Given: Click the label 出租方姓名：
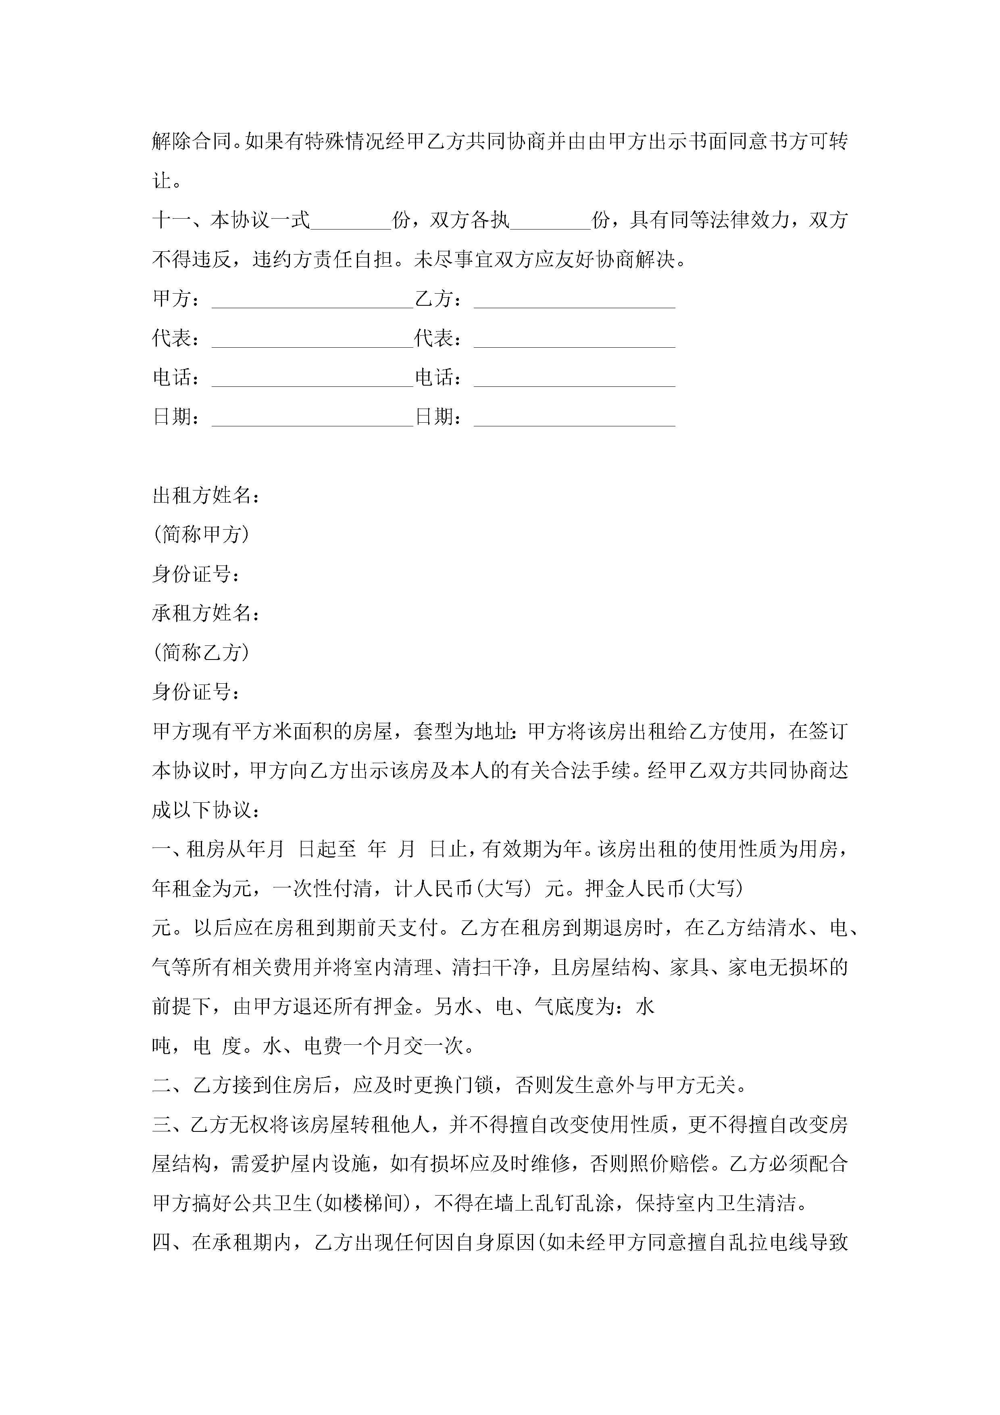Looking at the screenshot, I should pyautogui.click(x=206, y=495).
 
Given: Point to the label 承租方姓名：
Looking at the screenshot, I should pyautogui.click(x=206, y=613).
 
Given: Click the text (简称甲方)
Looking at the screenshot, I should pyautogui.click(x=202, y=534).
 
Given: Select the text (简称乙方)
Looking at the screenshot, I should pyautogui.click(x=202, y=653).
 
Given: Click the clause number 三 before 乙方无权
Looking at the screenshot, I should pyautogui.click(x=162, y=1125).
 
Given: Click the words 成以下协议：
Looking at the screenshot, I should pyautogui.click(x=206, y=810).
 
